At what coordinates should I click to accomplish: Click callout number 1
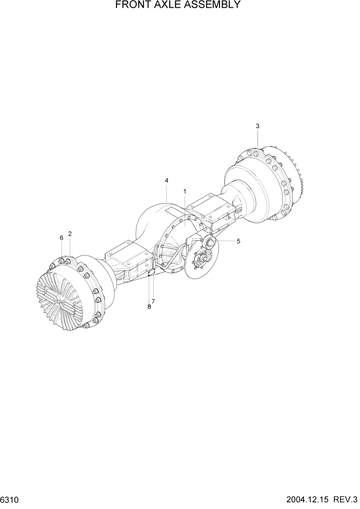tap(185, 191)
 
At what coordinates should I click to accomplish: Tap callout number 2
tap(70, 234)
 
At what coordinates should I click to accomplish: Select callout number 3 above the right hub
tap(257, 126)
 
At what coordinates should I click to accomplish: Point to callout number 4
tap(167, 181)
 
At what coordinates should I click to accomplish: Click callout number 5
tap(238, 240)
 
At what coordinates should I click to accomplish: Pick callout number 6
tap(61, 238)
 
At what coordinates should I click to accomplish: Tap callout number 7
tap(153, 301)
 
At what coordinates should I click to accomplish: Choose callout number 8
tap(149, 306)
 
